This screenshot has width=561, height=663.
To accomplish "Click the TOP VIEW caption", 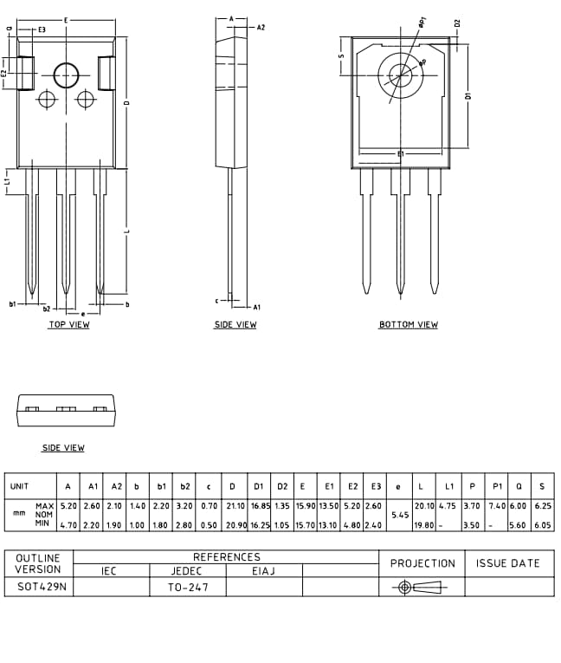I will (x=68, y=325).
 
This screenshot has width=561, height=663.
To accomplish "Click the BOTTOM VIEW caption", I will (x=408, y=325).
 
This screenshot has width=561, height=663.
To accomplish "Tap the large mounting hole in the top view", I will (x=66, y=76).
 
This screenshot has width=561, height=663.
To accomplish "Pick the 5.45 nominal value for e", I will (x=398, y=515).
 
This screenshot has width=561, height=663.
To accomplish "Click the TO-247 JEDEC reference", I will (x=188, y=587).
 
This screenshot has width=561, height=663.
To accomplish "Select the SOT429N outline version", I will (x=39, y=587).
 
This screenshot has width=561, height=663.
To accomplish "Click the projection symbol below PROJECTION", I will (x=422, y=587).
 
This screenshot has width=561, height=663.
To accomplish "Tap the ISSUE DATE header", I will (x=508, y=563).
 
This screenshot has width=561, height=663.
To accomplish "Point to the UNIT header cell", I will (x=19, y=486).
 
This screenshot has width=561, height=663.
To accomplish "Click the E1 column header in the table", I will (x=329, y=486).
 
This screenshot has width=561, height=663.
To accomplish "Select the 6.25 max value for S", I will (x=542, y=505).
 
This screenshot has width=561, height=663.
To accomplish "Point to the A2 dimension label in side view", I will (x=261, y=28).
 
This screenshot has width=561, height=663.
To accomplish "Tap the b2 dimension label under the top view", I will (x=46, y=309).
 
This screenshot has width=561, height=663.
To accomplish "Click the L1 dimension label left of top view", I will (x=7, y=181).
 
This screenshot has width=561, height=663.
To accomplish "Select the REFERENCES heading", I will (x=226, y=557).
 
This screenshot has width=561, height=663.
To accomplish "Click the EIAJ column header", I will (x=264, y=571).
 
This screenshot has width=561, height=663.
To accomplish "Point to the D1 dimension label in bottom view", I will (x=468, y=96).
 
